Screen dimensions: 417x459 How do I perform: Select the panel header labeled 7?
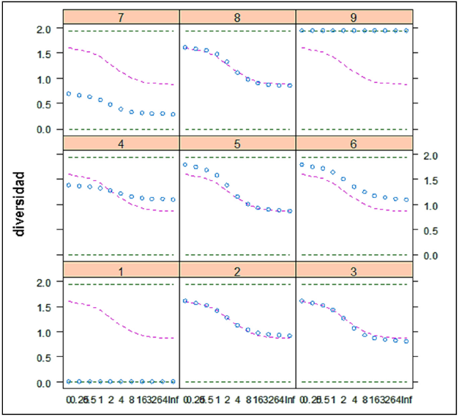click(x=121, y=16)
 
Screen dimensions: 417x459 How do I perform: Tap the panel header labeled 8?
click(x=237, y=16)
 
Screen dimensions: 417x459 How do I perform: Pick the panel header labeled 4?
click(x=121, y=143)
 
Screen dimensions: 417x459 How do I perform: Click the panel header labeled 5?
click(x=237, y=143)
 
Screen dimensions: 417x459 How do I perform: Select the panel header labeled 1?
click(x=121, y=268)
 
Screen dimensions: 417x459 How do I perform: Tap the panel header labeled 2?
click(x=237, y=268)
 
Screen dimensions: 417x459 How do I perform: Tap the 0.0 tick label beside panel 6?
click(x=431, y=255)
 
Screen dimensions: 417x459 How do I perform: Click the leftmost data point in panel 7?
click(x=69, y=94)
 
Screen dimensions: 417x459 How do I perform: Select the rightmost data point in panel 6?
click(x=406, y=199)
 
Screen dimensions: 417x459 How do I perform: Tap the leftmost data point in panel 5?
click(x=185, y=164)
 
